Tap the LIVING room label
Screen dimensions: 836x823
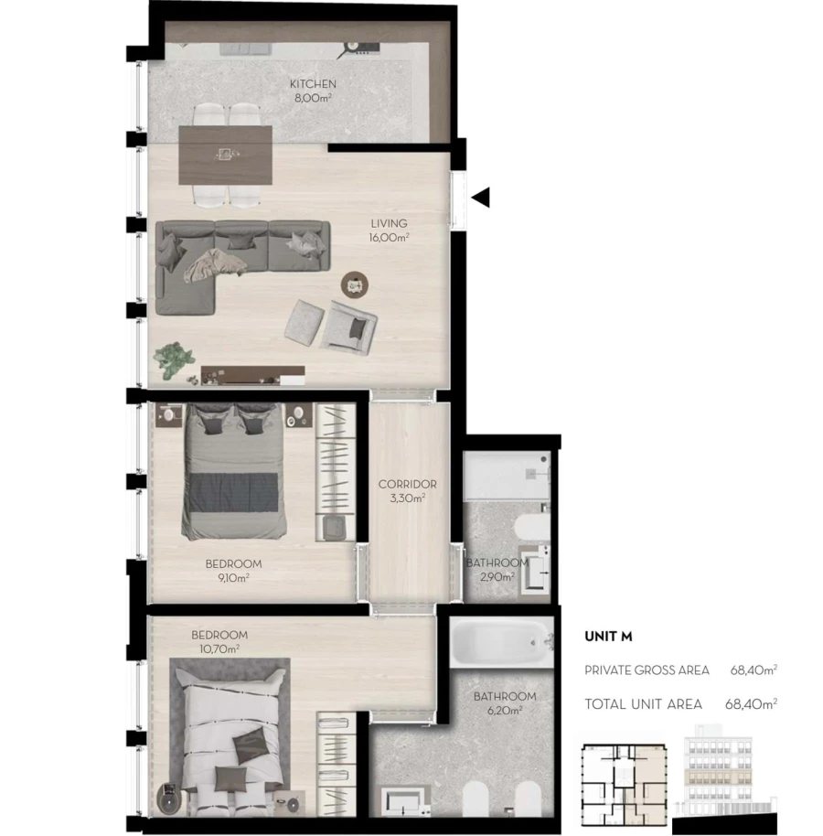(389, 223)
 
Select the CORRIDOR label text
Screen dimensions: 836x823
(407, 485)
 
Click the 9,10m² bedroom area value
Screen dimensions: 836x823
(233, 577)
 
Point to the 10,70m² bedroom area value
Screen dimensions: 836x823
(219, 648)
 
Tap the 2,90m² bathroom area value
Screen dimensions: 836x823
(497, 577)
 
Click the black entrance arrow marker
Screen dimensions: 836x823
(481, 196)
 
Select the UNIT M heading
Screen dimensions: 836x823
(608, 637)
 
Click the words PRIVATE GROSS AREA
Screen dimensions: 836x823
(647, 670)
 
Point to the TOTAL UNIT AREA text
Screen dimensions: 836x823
(643, 704)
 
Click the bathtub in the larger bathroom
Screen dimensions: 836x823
(502, 643)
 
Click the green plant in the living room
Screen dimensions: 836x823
(171, 358)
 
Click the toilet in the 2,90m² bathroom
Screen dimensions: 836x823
(529, 528)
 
